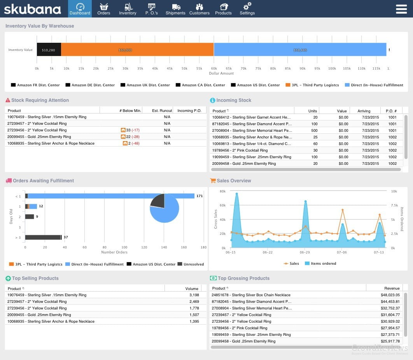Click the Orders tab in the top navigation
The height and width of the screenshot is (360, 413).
click(x=104, y=9)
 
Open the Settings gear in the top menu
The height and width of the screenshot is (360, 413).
click(x=247, y=9)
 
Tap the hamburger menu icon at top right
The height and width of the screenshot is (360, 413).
click(x=401, y=9)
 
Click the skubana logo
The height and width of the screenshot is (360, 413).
click(x=33, y=9)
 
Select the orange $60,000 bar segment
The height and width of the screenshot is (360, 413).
click(x=137, y=50)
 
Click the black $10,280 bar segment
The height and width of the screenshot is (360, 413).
click(x=49, y=50)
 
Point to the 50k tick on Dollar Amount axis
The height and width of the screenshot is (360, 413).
click(x=184, y=68)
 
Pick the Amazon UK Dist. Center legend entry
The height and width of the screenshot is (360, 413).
click(x=145, y=85)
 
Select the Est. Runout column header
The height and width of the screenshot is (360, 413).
click(x=162, y=110)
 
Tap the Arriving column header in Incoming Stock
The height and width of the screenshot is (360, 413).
click(x=364, y=111)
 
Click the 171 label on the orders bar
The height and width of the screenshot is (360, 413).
click(x=200, y=196)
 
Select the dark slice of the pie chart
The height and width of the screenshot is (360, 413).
click(x=158, y=200)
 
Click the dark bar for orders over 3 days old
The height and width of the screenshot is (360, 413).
click(x=43, y=237)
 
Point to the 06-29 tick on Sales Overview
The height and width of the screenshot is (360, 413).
click(x=304, y=252)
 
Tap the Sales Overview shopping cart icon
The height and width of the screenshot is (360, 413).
click(x=213, y=180)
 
